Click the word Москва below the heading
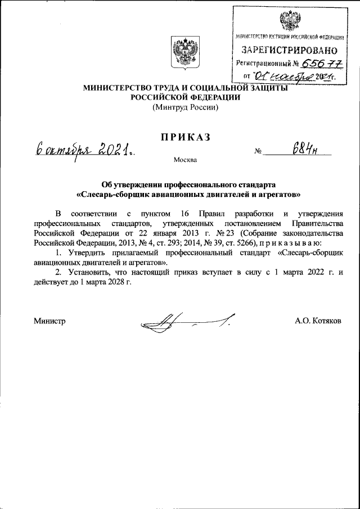pyautogui.click(x=185, y=161)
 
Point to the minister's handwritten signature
pyautogui.click(x=186, y=323)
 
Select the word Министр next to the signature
pyautogui.click(x=50, y=321)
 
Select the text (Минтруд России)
pyautogui.click(x=185, y=107)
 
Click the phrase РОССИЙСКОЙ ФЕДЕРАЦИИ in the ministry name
pyautogui.click(x=185, y=97)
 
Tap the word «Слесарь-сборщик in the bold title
pyautogui.click(x=112, y=195)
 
